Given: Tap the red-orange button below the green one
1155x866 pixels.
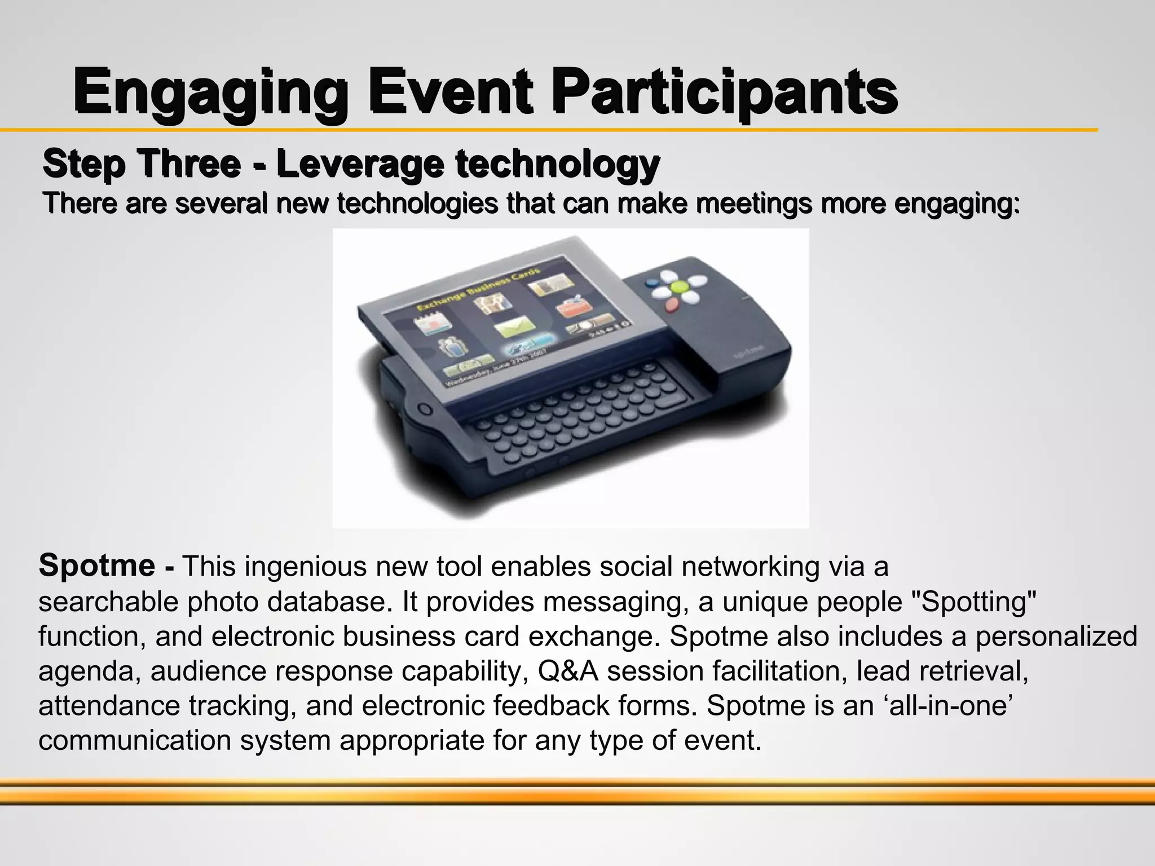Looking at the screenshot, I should tap(671, 305).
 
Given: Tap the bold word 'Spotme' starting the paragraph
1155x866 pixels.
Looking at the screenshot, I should tap(97, 565).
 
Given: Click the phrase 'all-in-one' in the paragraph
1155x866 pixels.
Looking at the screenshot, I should tap(948, 705).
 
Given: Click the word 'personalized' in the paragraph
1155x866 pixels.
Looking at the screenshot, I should tap(1056, 637).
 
